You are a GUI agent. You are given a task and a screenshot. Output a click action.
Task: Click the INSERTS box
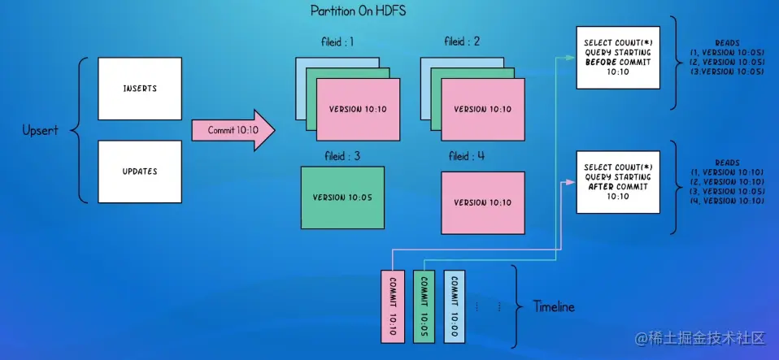click(x=138, y=88)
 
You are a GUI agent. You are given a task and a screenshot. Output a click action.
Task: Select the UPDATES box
click(x=138, y=171)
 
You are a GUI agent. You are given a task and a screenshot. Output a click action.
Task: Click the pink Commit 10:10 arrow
click(x=232, y=130)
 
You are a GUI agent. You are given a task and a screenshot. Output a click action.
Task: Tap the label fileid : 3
click(x=337, y=155)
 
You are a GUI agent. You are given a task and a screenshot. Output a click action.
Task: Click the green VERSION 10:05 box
click(x=342, y=197)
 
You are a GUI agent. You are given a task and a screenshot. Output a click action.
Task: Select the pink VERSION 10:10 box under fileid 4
click(x=482, y=202)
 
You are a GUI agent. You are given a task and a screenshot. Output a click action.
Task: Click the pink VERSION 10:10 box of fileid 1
click(x=358, y=110)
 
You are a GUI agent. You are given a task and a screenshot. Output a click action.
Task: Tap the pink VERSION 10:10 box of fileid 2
click(x=482, y=110)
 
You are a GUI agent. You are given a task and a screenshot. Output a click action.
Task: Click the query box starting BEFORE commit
click(x=617, y=57)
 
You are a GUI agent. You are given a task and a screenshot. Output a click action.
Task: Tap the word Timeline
click(x=554, y=307)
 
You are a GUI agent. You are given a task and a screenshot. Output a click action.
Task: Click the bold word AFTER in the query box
click(x=598, y=186)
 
